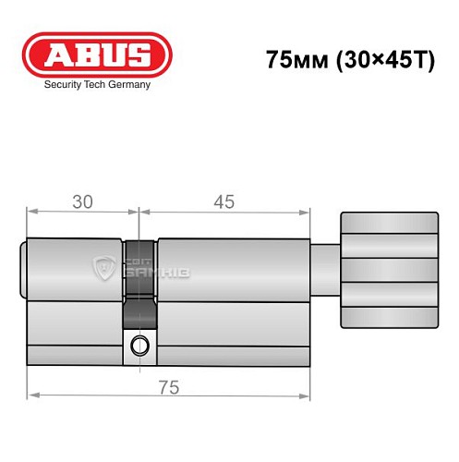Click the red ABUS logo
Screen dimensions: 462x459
coord(97,53)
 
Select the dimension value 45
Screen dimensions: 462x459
coord(222,201)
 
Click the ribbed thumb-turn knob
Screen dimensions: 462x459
coord(388,270)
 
